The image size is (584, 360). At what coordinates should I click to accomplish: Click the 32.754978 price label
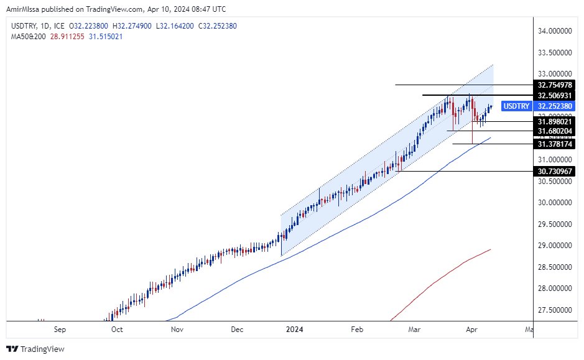(x=555, y=85)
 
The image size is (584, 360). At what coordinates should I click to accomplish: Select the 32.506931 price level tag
(x=555, y=95)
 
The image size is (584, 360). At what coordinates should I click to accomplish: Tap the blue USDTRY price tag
(x=516, y=106)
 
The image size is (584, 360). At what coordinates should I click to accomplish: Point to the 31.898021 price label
(x=555, y=122)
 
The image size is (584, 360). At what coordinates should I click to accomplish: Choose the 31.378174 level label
(x=555, y=144)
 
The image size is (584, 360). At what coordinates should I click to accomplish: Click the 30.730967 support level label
(x=555, y=170)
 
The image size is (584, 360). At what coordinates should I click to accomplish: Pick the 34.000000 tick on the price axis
(x=555, y=30)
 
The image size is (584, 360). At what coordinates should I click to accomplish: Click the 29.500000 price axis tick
(x=555, y=224)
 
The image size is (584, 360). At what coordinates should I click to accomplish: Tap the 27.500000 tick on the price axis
(x=555, y=310)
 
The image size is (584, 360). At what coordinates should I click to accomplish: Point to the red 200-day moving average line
(x=448, y=274)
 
